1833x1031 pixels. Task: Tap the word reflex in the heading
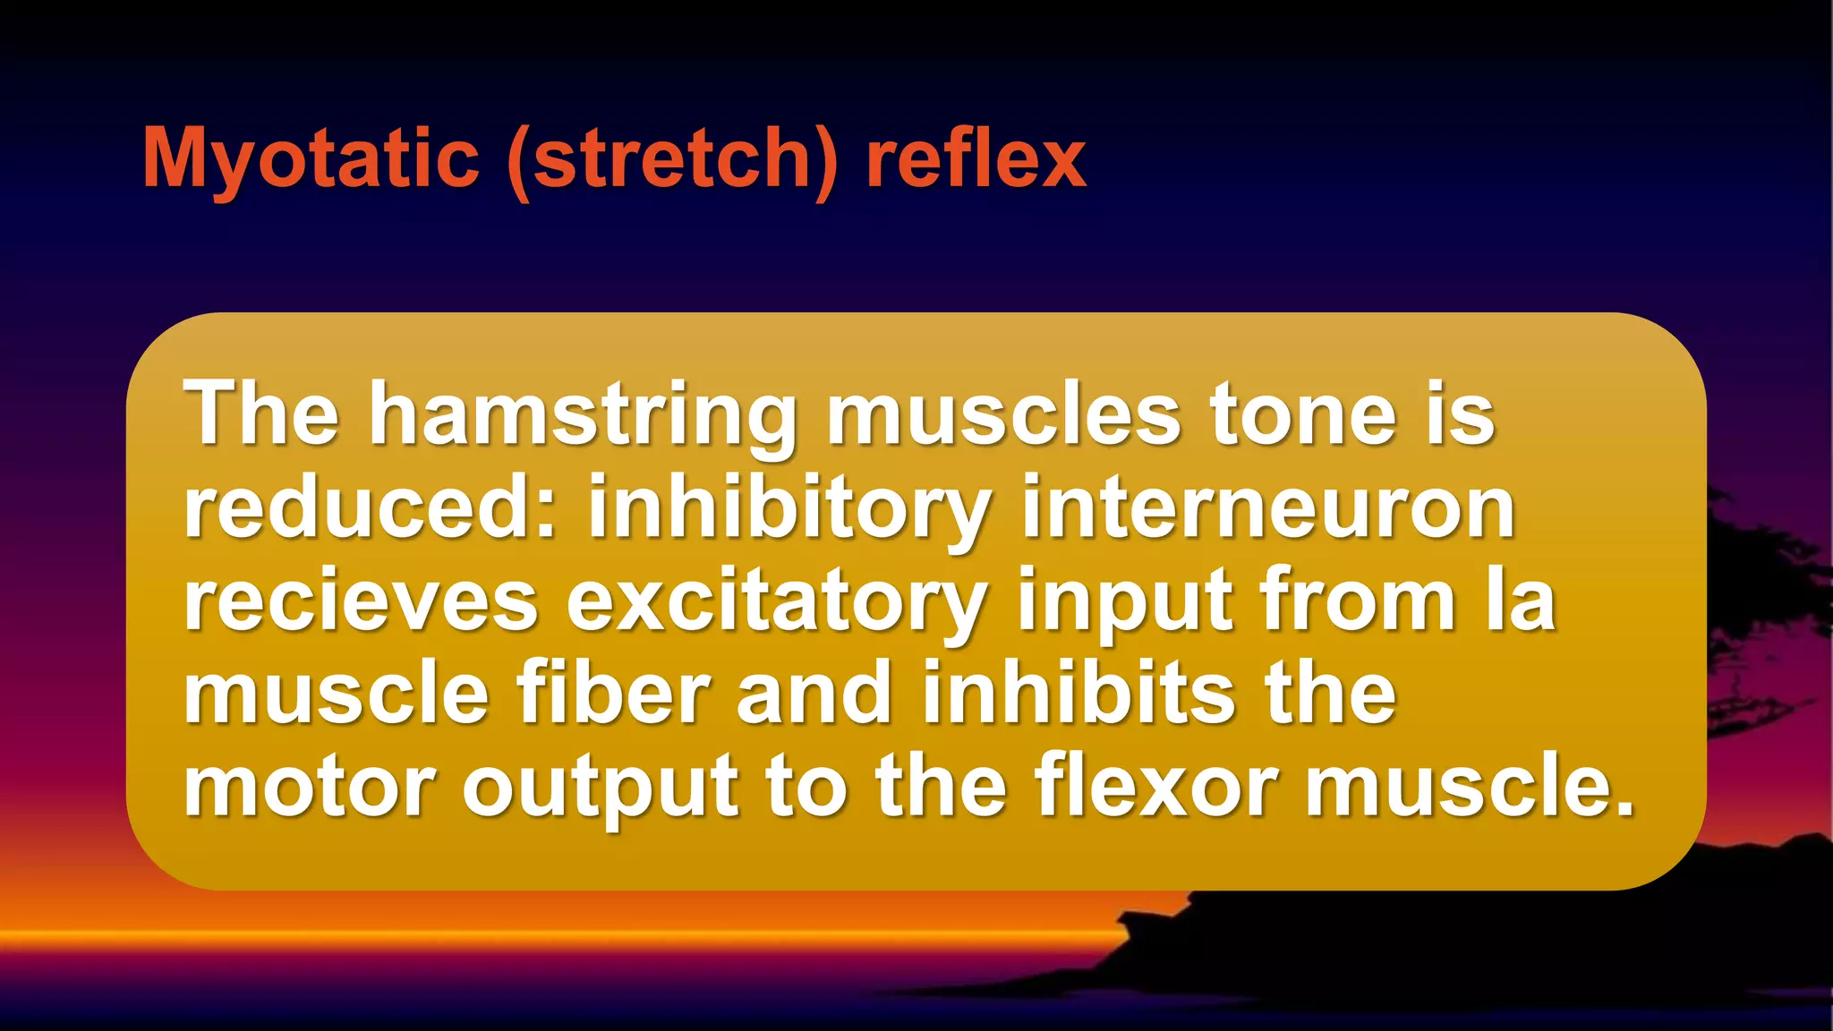point(976,158)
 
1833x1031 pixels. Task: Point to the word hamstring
point(583,416)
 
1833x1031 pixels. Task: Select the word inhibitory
point(789,508)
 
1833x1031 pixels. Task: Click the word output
point(600,788)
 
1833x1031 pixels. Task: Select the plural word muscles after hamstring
point(1003,415)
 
